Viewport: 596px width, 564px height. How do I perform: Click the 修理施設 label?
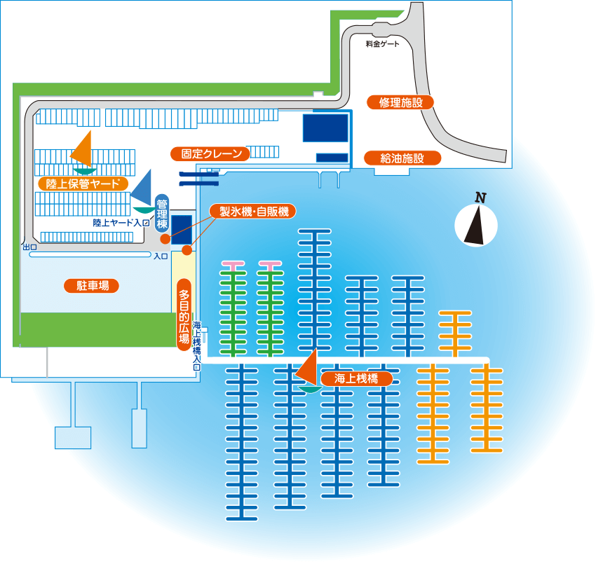(x=400, y=102)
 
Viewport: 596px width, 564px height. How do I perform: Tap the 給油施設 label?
(x=402, y=158)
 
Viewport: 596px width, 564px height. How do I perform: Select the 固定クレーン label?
(x=210, y=153)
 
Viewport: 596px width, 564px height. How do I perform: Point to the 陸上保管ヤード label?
(x=83, y=184)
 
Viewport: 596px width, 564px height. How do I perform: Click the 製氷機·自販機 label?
(x=252, y=211)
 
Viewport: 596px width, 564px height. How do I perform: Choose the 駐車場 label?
(x=91, y=286)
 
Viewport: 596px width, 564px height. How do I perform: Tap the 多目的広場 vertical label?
(x=184, y=315)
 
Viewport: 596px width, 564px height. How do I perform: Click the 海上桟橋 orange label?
(x=356, y=378)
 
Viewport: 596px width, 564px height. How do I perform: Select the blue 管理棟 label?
(x=162, y=214)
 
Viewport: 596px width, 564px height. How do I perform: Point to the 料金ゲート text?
(x=382, y=44)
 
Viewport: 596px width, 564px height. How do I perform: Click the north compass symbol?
(x=476, y=225)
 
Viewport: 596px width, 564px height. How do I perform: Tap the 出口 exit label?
(x=29, y=247)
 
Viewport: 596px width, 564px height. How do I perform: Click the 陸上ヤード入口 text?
(x=121, y=223)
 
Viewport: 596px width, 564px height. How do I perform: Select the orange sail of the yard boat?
(x=83, y=149)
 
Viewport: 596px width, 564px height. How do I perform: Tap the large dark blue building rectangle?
(x=325, y=128)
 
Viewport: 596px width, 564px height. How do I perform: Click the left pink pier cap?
(x=233, y=263)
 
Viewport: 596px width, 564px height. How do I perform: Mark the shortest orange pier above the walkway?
(x=455, y=333)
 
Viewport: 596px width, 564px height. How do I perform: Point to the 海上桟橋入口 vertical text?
(x=196, y=345)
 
